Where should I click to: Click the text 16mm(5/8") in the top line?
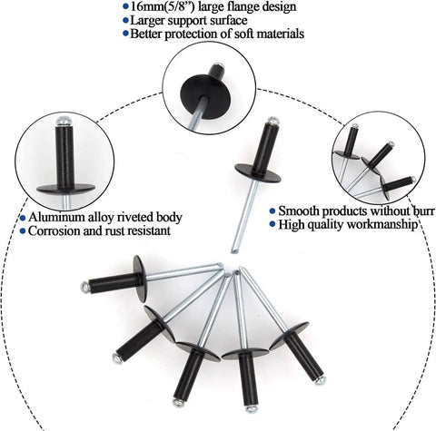click(x=160, y=6)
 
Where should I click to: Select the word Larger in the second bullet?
click(x=147, y=21)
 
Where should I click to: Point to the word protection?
click(x=191, y=34)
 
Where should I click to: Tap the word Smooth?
click(x=299, y=211)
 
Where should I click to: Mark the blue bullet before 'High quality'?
click(x=272, y=224)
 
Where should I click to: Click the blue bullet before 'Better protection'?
click(x=125, y=33)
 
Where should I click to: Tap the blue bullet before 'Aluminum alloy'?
click(x=23, y=218)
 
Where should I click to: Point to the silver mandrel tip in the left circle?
click(x=64, y=121)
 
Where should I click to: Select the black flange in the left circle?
click(x=65, y=188)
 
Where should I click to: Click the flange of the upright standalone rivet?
click(x=258, y=173)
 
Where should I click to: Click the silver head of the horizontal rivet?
click(x=85, y=287)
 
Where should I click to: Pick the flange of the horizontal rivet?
click(x=140, y=279)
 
